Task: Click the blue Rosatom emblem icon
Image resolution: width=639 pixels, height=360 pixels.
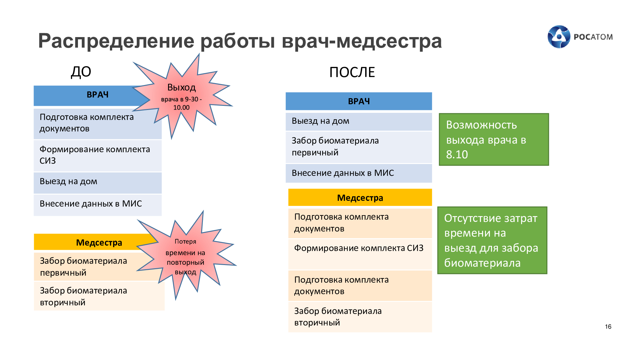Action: tap(559, 37)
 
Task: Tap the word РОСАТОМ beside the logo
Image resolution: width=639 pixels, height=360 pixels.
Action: tap(593, 37)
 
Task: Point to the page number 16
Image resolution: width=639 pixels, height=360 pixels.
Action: tap(608, 326)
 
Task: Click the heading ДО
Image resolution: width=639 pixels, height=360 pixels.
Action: tap(81, 72)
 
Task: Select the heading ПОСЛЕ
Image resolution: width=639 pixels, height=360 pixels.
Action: tap(352, 72)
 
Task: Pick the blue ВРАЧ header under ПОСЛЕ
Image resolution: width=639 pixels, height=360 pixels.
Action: tap(359, 101)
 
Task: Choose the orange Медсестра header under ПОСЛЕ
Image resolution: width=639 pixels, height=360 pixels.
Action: tap(360, 198)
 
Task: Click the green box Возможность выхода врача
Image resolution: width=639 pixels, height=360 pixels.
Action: tap(494, 139)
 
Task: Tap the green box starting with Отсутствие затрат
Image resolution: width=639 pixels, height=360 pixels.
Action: tap(492, 240)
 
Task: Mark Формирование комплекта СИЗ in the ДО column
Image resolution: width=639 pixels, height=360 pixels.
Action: tap(95, 155)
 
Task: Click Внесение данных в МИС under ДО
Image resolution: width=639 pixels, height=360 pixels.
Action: tap(91, 204)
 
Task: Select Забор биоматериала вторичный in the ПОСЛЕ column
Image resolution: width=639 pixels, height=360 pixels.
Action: tap(338, 317)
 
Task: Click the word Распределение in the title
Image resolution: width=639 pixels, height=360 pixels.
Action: tap(116, 42)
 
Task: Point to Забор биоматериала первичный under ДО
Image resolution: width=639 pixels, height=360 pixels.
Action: tap(83, 267)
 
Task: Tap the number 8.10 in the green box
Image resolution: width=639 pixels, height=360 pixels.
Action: tap(457, 154)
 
